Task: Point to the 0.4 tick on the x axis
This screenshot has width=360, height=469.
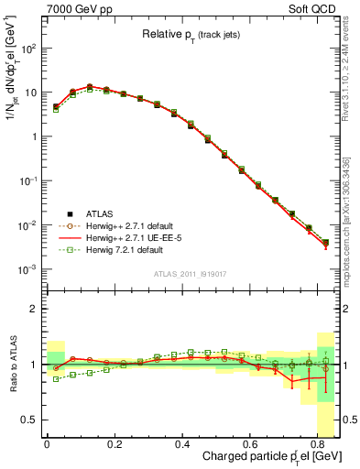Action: pos(182,445)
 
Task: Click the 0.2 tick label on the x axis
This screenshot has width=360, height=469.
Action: pos(115,445)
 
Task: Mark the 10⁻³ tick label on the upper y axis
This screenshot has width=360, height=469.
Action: pos(27,269)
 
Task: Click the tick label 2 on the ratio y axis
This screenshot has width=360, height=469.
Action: pos(34,309)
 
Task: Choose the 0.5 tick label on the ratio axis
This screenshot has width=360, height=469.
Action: pos(29,420)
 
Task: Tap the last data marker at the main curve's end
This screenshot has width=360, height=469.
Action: pos(325,243)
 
